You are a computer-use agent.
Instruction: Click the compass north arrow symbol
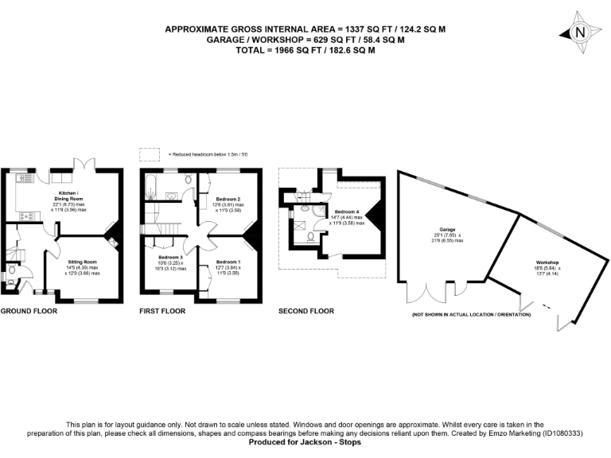coord(579,32)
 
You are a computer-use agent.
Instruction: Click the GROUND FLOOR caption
coord(28,311)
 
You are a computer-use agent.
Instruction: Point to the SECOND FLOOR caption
coord(306,311)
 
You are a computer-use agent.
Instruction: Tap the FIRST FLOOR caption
coord(162,311)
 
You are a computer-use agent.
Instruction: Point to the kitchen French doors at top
coord(85,165)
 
